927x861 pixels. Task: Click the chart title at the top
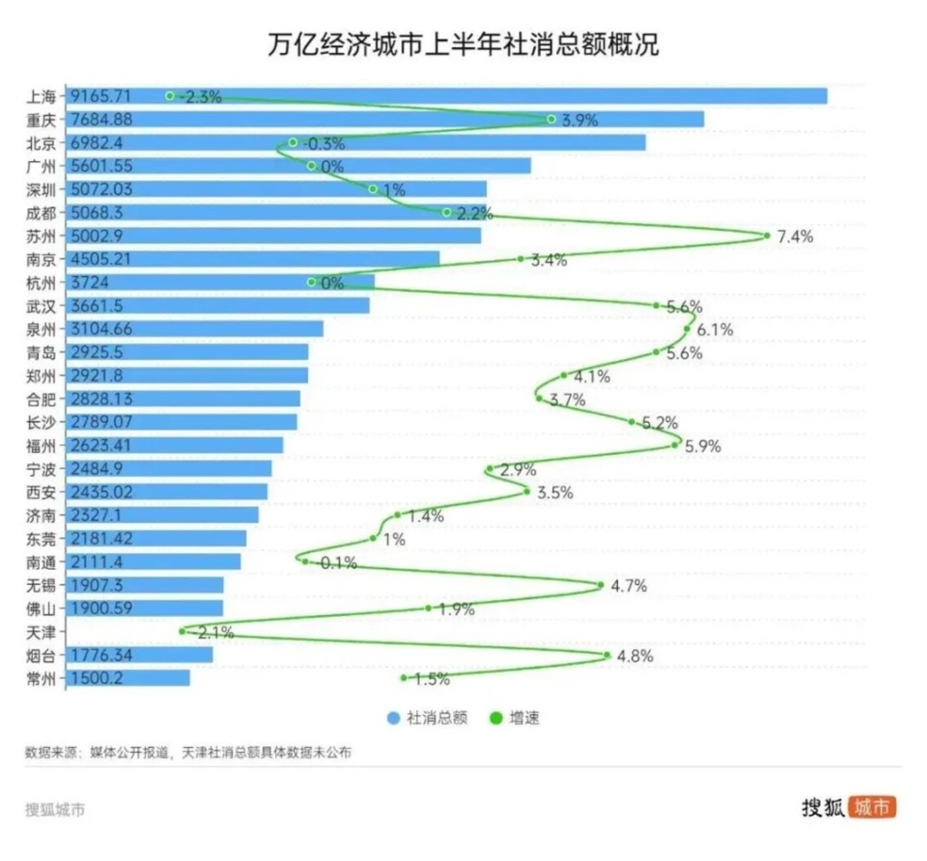click(x=463, y=44)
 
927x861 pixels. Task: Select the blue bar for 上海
click(x=464, y=96)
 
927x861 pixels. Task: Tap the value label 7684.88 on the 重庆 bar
click(x=101, y=119)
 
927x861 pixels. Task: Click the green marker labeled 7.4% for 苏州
click(x=767, y=236)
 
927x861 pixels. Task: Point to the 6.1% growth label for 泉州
click(x=715, y=329)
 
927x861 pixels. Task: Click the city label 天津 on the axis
click(x=41, y=632)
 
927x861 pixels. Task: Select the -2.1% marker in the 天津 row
click(x=182, y=631)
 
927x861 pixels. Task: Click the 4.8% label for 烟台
click(x=635, y=656)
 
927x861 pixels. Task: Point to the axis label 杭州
click(x=41, y=283)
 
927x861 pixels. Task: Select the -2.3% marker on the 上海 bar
click(x=170, y=96)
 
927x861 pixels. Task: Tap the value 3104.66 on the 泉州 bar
click(x=101, y=329)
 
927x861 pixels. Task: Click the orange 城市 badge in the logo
click(x=871, y=807)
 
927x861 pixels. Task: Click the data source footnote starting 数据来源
click(x=188, y=752)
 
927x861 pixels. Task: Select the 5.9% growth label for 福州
click(x=702, y=446)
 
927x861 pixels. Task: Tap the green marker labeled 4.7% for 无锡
click(x=600, y=585)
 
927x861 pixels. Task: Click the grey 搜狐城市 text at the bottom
click(x=55, y=809)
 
